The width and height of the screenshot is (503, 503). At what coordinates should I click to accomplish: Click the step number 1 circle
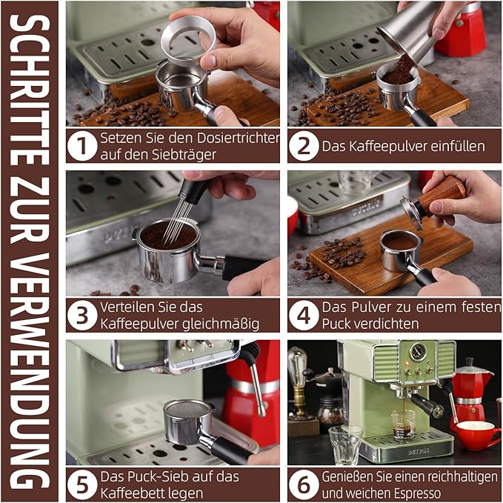click(81, 145)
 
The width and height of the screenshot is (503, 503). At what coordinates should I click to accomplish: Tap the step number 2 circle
click(304, 145)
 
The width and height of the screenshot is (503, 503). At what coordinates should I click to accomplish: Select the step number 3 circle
click(81, 315)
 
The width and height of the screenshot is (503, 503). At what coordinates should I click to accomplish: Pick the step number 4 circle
click(304, 315)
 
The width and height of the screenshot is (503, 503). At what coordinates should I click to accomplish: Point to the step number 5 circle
click(81, 484)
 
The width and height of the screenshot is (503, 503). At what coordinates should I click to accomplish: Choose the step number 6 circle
click(304, 484)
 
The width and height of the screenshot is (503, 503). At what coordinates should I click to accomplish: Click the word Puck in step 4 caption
click(337, 324)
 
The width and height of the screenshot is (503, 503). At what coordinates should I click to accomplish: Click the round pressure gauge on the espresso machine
click(420, 352)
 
